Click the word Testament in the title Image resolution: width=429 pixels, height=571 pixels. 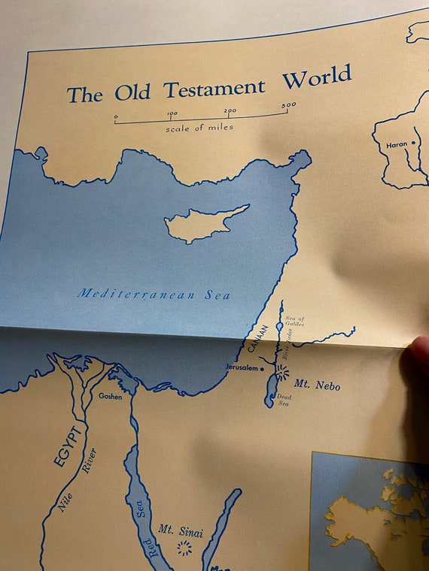coord(214,89)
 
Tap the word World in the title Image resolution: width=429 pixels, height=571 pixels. coord(317,77)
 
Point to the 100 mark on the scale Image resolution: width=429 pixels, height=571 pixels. coord(172,114)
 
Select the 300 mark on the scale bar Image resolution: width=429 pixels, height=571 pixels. coord(288,106)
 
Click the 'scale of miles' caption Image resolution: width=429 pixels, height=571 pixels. coord(199,128)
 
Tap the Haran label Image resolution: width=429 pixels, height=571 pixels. coord(397,143)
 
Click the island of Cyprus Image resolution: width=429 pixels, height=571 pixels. coord(203,225)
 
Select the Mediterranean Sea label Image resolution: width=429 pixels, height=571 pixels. coord(154,295)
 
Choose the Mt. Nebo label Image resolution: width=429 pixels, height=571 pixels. coord(317,385)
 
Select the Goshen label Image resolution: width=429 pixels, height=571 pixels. coord(109,395)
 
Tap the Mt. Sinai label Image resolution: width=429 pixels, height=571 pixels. coord(176,530)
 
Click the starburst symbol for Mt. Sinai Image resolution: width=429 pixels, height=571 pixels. coord(184,548)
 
